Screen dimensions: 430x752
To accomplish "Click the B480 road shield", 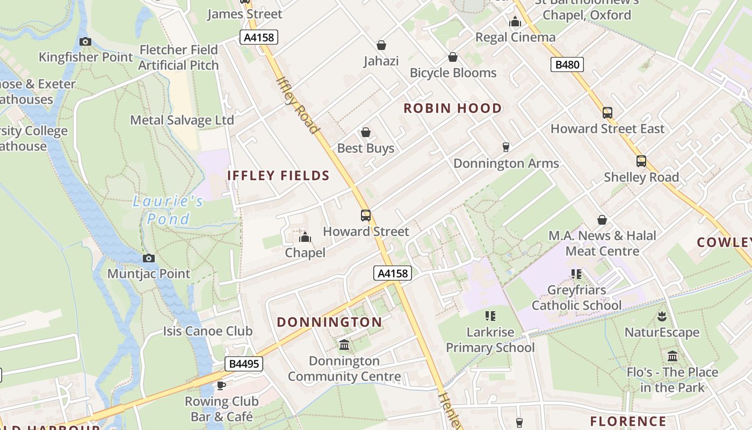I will pos(567,65).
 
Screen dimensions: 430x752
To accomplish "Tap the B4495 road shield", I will pos(244,364).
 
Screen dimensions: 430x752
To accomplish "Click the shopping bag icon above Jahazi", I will pos(381,45).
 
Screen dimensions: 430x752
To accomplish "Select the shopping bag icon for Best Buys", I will pos(366,132).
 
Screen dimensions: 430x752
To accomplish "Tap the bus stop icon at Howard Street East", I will pos(607,113).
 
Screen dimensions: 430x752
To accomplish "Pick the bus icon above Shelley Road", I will pos(641,161).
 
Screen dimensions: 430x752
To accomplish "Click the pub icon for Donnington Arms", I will pos(505,147).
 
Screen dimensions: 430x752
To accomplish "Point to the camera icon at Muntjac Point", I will pos(149,258).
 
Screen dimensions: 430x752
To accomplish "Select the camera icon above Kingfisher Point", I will pos(85,41).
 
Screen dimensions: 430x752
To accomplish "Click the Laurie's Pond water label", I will pos(168,210).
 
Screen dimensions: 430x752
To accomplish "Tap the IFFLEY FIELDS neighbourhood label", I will pos(278,176).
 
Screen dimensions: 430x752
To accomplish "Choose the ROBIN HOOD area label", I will pos(452,108).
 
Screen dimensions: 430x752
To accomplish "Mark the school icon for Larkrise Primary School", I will pos(490,316).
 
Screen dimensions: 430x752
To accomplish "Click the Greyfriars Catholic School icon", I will pos(576,274).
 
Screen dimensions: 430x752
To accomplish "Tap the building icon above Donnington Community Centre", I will pos(344,345).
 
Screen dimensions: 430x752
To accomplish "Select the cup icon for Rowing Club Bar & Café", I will pos(221,385).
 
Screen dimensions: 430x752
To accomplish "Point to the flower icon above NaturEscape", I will pos(661,317).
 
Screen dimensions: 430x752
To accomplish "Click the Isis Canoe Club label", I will pos(207,331).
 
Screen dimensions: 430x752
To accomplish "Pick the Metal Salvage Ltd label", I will pos(182,120).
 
